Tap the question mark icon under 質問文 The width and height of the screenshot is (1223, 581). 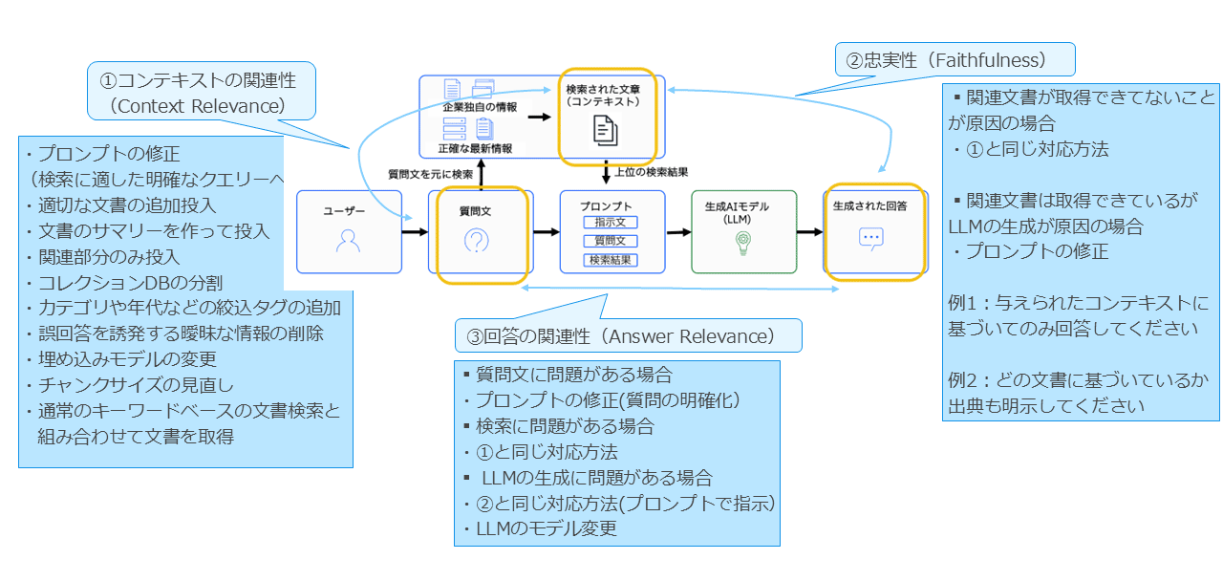pos(475,242)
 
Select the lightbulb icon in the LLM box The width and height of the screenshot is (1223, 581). pos(743,243)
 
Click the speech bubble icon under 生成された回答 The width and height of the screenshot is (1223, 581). pos(870,238)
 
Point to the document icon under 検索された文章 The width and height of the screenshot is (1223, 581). pos(606,129)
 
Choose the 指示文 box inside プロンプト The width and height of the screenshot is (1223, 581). pos(611,223)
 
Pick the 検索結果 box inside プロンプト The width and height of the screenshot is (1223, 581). pos(611,260)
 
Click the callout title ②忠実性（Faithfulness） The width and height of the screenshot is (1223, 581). pos(955,60)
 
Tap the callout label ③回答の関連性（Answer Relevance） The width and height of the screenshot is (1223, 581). pos(628,335)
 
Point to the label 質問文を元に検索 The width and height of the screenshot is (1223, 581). pos(430,174)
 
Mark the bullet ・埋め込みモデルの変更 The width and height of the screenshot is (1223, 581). pos(121,359)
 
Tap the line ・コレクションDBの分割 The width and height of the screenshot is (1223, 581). pos(124,283)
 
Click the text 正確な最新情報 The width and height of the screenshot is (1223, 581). pos(475,148)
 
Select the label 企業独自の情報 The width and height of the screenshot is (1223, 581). pos(480,107)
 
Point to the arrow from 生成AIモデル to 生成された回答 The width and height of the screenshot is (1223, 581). pos(809,232)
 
